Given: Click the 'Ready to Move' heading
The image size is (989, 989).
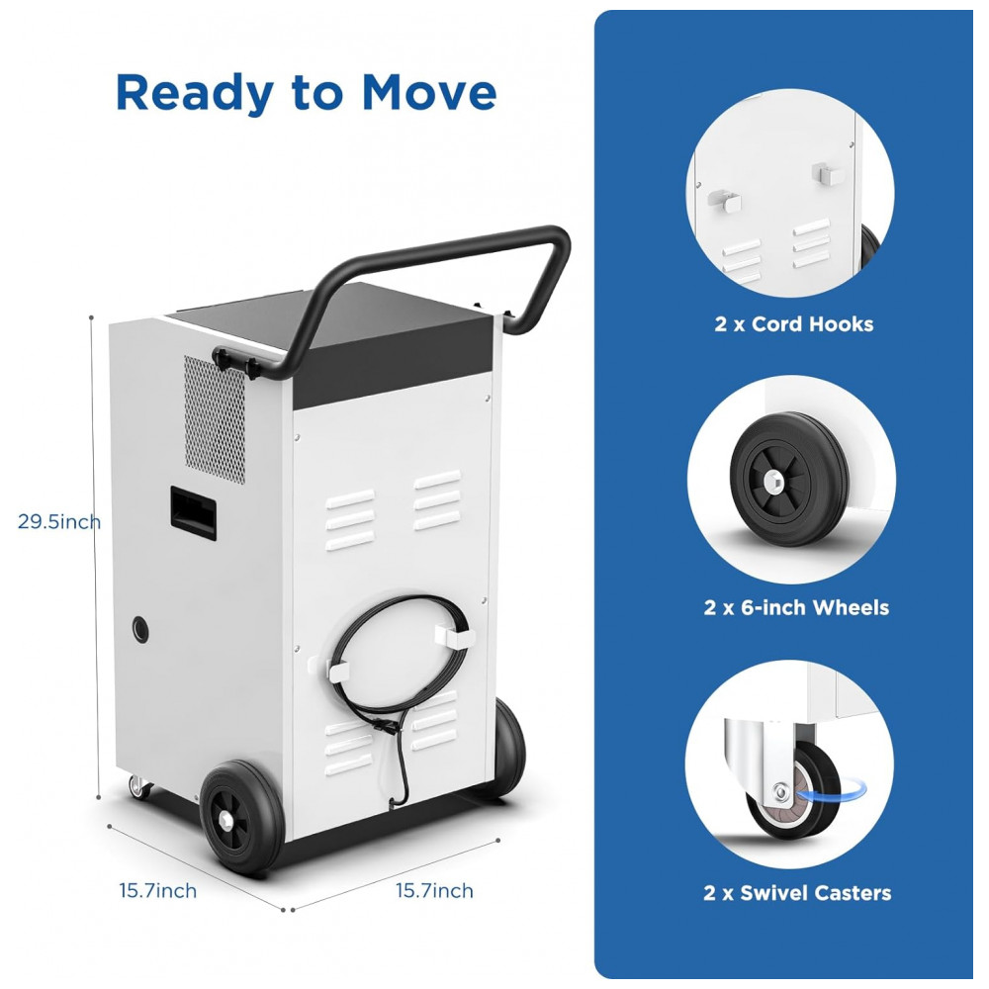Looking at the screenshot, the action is coord(306,93).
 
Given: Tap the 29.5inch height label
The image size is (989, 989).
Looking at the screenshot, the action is coord(59,521).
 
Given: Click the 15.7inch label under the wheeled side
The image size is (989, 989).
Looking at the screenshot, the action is coord(434,891).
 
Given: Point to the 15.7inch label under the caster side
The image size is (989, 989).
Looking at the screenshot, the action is coord(157,891).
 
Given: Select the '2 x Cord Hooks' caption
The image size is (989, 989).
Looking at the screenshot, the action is coord(794,324).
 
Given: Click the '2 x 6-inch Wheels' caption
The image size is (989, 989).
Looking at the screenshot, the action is coord(796,607).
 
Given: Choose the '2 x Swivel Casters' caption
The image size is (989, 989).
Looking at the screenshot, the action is coord(797,892).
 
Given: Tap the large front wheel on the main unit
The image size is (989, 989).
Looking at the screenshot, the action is coord(242,817).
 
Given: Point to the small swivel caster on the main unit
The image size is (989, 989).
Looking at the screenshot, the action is coord(139,786).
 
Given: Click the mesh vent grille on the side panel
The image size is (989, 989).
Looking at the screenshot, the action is coord(215,419).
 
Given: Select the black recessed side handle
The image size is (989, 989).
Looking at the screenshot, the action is coord(193,512).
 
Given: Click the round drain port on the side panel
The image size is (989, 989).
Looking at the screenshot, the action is coord(140,629).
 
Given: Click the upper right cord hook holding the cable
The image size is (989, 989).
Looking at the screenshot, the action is coord(452,635).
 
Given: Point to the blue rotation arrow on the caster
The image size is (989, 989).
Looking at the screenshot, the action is coord(832,788).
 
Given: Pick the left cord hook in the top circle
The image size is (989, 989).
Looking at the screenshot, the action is coord(724,200).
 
